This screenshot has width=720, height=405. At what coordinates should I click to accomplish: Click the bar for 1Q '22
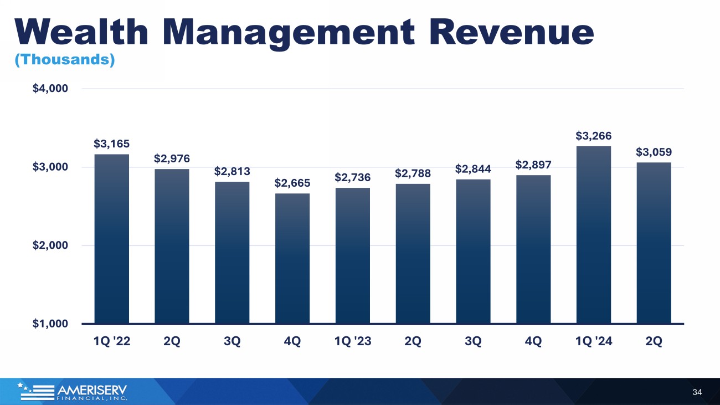tap(111, 239)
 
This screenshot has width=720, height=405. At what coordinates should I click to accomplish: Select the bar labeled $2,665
tap(292, 258)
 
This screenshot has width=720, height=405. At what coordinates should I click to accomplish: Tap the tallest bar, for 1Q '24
tap(594, 235)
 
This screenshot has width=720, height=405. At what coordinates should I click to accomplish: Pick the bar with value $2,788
tap(413, 254)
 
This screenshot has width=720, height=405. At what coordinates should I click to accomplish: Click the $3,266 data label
tap(594, 136)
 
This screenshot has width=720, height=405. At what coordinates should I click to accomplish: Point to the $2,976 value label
tap(172, 158)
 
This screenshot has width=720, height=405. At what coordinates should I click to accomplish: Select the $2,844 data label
tap(473, 169)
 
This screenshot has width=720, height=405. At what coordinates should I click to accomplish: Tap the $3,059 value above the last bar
tap(654, 152)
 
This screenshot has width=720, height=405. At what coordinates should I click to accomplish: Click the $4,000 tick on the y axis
tap(50, 89)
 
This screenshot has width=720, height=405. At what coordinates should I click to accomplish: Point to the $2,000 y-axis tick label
tap(50, 245)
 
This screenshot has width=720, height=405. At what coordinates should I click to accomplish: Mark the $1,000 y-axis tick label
tap(50, 324)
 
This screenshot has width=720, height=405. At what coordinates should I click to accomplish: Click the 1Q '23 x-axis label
tap(353, 341)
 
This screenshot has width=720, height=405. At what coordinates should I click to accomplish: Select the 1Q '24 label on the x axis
tap(594, 341)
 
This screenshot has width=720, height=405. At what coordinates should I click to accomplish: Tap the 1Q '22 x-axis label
tap(111, 341)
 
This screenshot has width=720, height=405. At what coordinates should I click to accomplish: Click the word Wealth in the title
tap(81, 32)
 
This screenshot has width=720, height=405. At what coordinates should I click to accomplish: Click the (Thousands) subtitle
tap(65, 59)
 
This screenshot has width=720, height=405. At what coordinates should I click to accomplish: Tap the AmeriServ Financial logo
tap(73, 392)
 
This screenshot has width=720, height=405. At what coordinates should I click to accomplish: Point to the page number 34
tap(697, 392)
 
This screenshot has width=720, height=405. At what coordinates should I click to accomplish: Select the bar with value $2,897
tap(533, 249)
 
